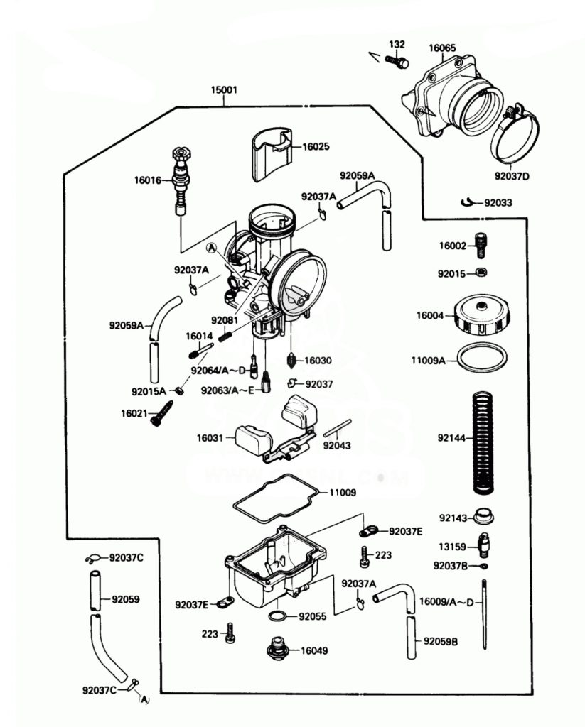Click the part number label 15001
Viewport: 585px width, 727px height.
coord(224,90)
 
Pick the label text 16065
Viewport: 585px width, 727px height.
coord(442,48)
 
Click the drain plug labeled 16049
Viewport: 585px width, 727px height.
coord(278,649)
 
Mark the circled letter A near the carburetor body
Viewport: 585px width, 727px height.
coord(211,248)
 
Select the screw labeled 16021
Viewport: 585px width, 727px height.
coord(163,413)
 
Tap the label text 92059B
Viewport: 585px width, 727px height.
coord(441,642)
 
